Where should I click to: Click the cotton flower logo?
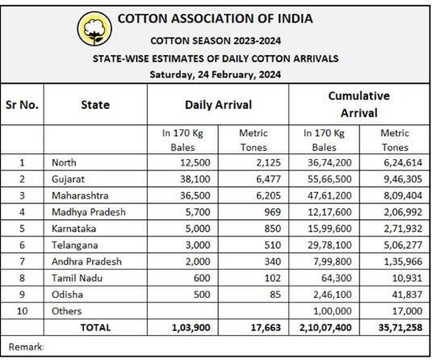pyautogui.click(x=94, y=28)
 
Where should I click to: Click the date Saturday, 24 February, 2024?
pyautogui.click(x=216, y=74)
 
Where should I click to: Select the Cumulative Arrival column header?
pyautogui.click(x=359, y=104)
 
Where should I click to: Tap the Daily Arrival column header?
pyautogui.click(x=218, y=105)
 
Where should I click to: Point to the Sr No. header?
pyautogui.click(x=22, y=105)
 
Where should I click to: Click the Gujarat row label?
pyautogui.click(x=68, y=179)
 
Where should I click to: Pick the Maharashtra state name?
pyautogui.click(x=80, y=195)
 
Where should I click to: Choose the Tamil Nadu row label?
pyautogui.click(x=77, y=278)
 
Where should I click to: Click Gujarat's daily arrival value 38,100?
pyautogui.click(x=195, y=179)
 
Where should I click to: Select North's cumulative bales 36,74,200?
pyautogui.click(x=329, y=163)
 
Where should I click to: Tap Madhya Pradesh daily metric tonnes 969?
pyautogui.click(x=272, y=212)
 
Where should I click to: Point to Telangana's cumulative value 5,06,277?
pyautogui.click(x=403, y=245)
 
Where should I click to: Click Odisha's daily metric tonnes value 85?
pyautogui.click(x=275, y=295)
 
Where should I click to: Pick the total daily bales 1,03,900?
pyautogui.click(x=191, y=328)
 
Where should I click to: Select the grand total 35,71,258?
pyautogui.click(x=401, y=328)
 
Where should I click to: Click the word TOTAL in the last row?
pyautogui.click(x=95, y=328)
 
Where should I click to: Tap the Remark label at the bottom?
pyautogui.click(x=26, y=347)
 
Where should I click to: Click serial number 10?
pyautogui.click(x=22, y=311)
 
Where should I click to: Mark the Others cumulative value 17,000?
pyautogui.click(x=407, y=311)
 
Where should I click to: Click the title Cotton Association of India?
pyautogui.click(x=215, y=19)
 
